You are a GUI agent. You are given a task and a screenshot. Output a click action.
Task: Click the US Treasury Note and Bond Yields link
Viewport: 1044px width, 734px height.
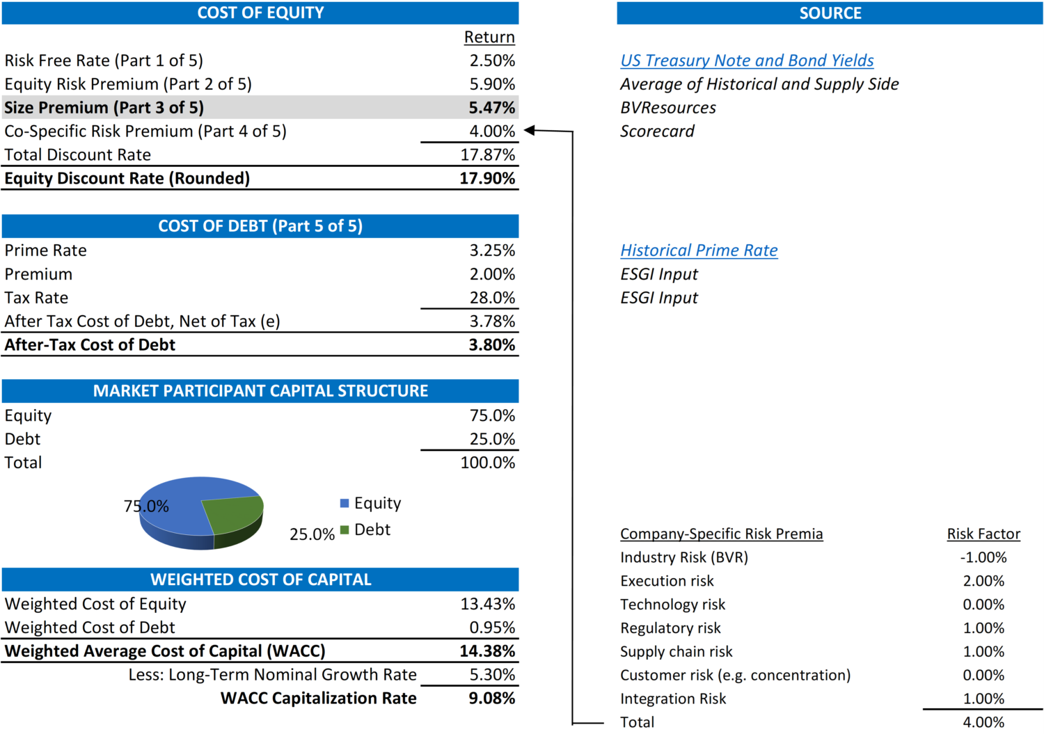(x=747, y=61)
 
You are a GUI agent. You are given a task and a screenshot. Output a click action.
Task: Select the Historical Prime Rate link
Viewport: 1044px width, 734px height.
(x=699, y=250)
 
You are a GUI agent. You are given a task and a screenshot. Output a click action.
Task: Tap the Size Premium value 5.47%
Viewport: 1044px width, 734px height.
(x=491, y=108)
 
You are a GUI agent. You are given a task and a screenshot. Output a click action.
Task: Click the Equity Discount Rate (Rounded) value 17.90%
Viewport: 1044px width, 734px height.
(x=487, y=179)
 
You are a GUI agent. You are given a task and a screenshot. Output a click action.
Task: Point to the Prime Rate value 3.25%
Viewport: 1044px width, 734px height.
(x=492, y=250)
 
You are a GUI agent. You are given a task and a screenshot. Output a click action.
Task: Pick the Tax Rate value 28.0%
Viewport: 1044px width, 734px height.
(x=492, y=298)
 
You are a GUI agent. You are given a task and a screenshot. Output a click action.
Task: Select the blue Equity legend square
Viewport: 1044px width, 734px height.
(x=345, y=503)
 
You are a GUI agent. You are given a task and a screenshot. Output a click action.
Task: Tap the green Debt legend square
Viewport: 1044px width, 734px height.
(x=345, y=530)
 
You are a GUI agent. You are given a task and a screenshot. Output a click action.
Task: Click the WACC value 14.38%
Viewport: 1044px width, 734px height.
(x=487, y=651)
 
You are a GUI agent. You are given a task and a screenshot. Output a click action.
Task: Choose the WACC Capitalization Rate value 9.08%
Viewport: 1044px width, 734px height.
(x=491, y=699)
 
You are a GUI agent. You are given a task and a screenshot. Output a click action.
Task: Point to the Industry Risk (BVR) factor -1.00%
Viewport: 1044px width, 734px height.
(x=983, y=558)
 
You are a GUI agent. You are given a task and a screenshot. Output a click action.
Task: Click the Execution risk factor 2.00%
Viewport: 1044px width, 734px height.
(x=983, y=582)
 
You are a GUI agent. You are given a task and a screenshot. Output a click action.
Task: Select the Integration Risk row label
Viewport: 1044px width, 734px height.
(x=673, y=699)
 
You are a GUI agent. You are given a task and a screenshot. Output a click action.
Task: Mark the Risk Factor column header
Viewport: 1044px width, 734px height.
(x=983, y=534)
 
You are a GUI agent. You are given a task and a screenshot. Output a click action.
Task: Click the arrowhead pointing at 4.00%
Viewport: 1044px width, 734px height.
(x=529, y=131)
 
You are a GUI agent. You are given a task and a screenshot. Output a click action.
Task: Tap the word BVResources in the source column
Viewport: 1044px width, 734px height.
(x=668, y=108)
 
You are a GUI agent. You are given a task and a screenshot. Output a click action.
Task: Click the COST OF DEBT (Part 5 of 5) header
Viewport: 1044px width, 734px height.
(x=260, y=226)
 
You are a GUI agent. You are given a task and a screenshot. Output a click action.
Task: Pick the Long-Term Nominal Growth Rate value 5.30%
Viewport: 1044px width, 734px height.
(x=492, y=675)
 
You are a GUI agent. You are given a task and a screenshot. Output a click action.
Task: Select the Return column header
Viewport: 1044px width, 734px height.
(x=489, y=38)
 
